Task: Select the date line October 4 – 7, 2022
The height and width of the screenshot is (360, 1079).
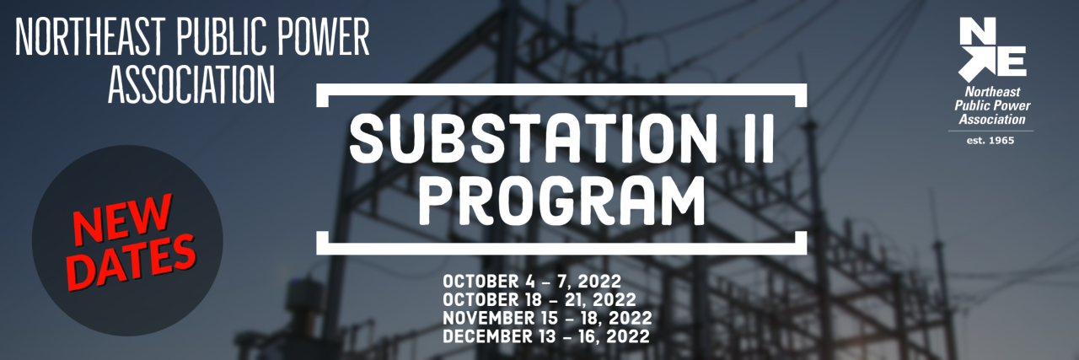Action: pyautogui.click(x=532, y=281)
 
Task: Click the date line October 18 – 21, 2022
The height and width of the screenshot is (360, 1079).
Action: pyautogui.click(x=539, y=299)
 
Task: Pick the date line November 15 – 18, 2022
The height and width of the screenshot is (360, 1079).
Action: pyautogui.click(x=546, y=318)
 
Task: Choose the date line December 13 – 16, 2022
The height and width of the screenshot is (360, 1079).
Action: pyautogui.click(x=545, y=336)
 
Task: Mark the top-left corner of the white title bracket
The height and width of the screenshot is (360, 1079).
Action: pyautogui.click(x=320, y=88)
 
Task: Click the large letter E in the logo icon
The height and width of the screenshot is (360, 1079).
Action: pyautogui.click(x=1011, y=61)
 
